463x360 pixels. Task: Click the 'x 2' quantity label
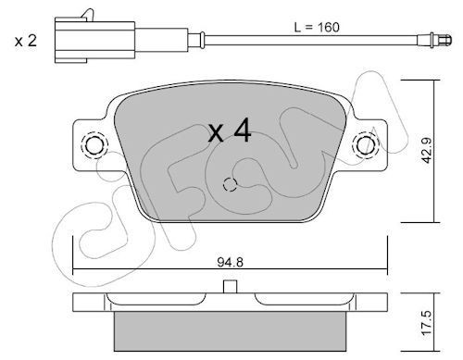[26, 41]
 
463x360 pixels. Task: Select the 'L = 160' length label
[317, 28]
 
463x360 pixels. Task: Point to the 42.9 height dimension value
[427, 151]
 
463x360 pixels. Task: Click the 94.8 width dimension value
[230, 263]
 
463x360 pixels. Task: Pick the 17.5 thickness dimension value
[428, 323]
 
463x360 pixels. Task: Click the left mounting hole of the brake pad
[94, 145]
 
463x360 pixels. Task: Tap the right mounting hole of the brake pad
[366, 145]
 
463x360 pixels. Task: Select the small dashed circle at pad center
[230, 184]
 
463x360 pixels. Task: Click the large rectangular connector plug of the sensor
[94, 40]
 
